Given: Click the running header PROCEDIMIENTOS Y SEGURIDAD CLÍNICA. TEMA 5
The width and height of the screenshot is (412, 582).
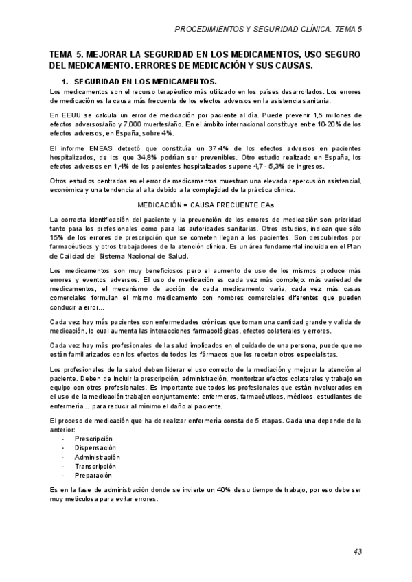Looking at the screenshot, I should click(269, 31).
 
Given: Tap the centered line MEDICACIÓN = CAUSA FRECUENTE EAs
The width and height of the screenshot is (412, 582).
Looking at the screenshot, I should click(206, 205).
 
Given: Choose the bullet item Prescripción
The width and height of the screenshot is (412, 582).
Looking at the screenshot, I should click(94, 438).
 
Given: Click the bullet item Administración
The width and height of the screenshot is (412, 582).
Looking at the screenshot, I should click(97, 457).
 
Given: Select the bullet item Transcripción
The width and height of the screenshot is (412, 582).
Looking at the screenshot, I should click(95, 466).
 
